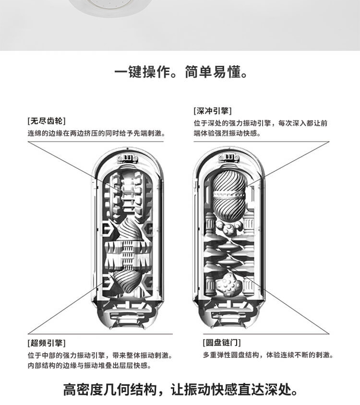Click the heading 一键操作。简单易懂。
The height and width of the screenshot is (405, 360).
click(x=181, y=73)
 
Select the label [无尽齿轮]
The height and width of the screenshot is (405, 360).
click(x=47, y=120)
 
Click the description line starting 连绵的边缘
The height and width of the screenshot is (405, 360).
click(x=96, y=133)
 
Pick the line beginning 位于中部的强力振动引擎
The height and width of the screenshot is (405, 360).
click(x=100, y=356)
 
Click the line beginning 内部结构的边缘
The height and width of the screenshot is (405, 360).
click(x=90, y=366)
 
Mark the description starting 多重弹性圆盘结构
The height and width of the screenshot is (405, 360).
click(x=268, y=355)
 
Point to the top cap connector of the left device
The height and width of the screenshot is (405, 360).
click(x=127, y=157)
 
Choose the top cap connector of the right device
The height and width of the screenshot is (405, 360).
click(x=229, y=157)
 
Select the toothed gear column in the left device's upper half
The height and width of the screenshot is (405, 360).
click(x=127, y=192)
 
